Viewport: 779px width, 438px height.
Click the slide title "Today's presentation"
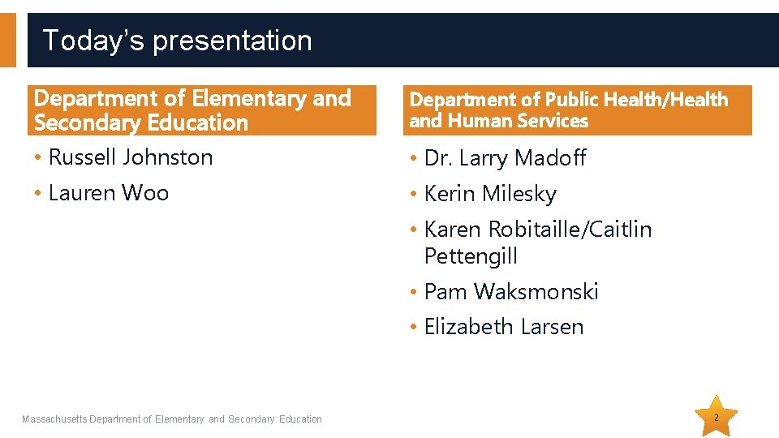[177, 41]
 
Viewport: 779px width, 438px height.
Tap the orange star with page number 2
[717, 418]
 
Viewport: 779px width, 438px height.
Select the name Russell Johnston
[131, 157]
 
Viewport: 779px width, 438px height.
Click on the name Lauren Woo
[109, 193]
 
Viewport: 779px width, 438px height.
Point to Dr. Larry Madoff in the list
[505, 158]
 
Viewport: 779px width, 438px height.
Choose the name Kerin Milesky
[490, 194]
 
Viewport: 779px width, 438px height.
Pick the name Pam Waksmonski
[511, 292]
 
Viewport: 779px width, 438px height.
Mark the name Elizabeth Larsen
[504, 327]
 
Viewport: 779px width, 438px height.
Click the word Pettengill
[471, 257]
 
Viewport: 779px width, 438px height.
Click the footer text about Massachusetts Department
[172, 419]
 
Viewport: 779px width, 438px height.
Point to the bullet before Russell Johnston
[39, 158]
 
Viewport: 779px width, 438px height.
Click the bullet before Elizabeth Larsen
[414, 327]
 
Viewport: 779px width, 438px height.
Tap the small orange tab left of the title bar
[7, 40]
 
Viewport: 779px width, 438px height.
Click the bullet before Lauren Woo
[39, 194]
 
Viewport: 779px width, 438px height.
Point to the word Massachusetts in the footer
[54, 419]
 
